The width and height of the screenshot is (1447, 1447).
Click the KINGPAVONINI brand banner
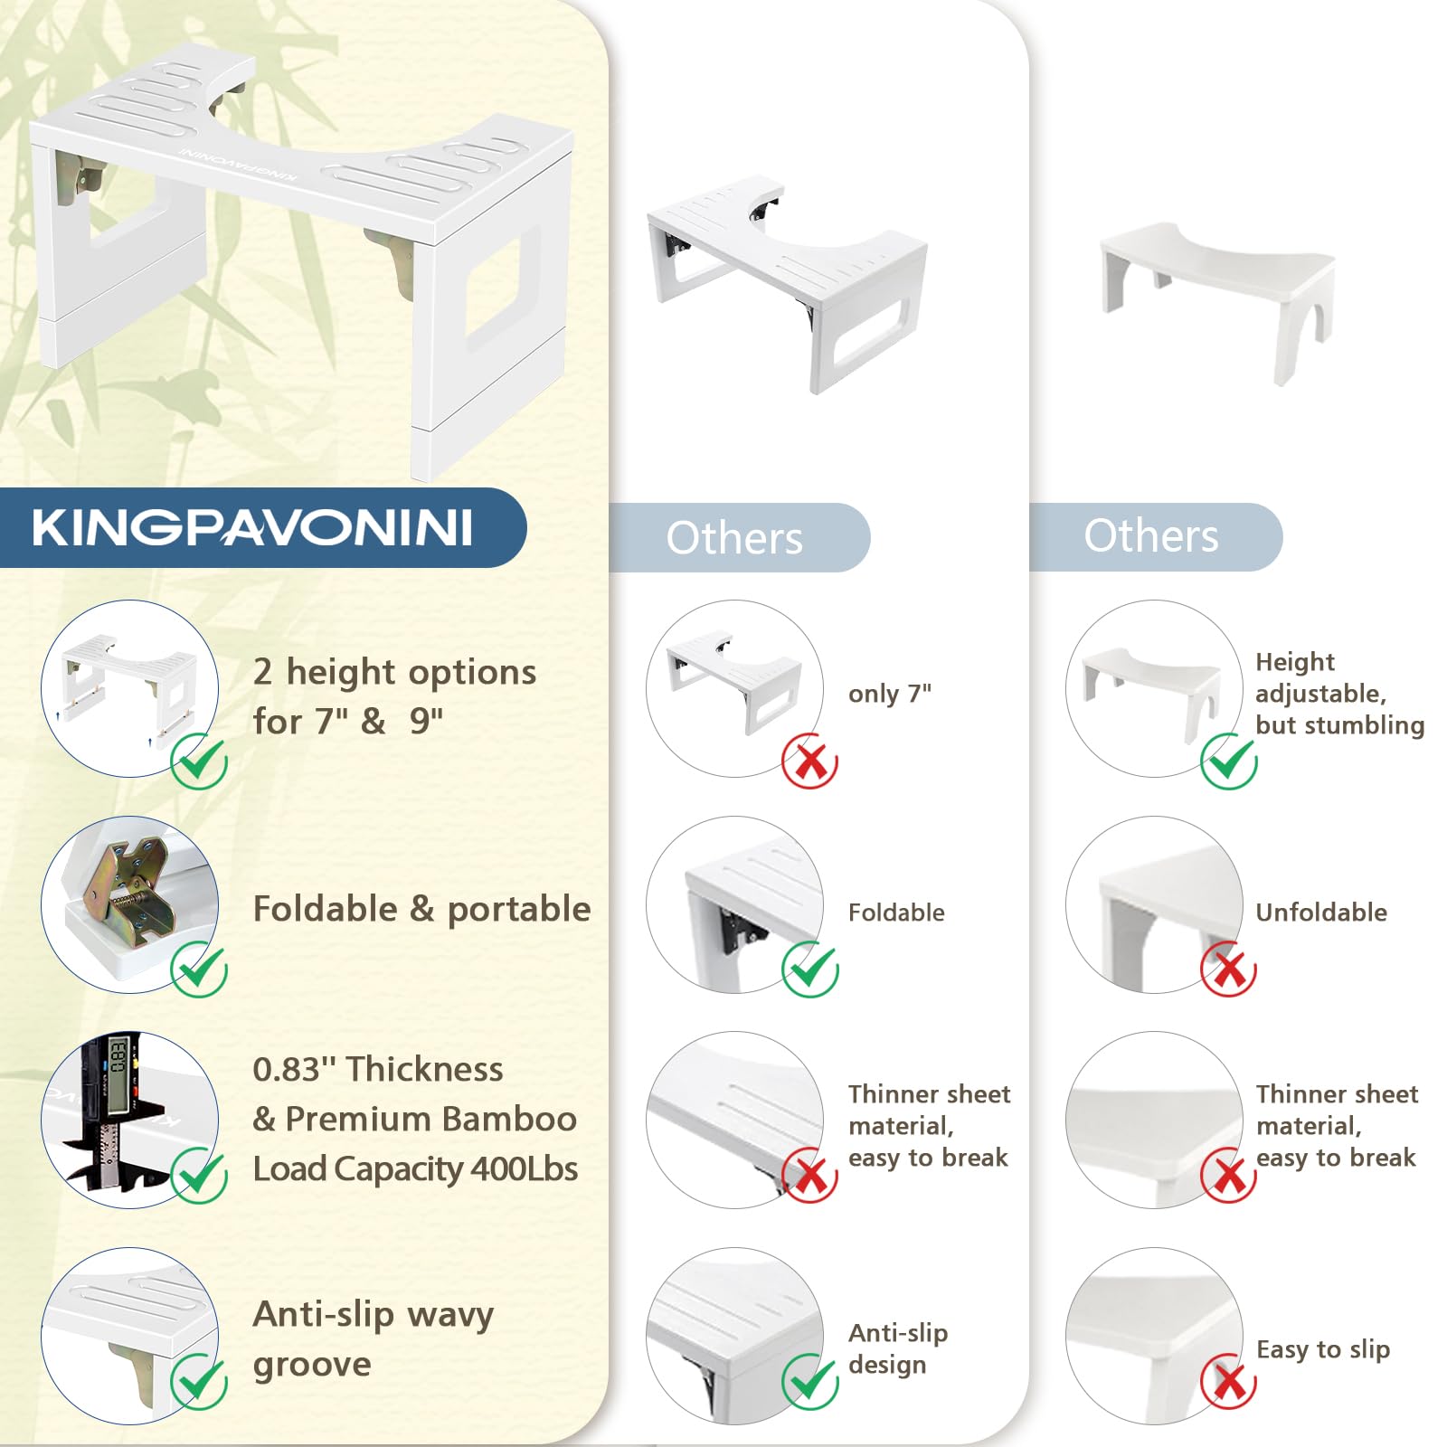point(262,527)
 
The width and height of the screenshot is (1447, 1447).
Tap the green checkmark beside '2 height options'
point(199,761)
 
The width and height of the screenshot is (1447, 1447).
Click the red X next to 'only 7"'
point(810,761)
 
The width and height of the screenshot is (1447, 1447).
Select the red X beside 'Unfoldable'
point(1228,969)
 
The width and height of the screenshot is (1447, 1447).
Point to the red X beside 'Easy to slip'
point(1228,1382)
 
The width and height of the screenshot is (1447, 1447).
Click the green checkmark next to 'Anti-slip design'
point(810,1382)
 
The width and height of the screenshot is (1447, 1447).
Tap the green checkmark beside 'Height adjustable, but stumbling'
point(1228,761)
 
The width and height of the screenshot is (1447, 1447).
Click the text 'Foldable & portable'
point(421,909)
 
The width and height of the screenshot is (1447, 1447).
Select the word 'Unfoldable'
point(1321,912)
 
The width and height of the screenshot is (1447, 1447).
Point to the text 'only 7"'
point(890,694)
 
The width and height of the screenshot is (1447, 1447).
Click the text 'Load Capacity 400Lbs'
point(415,1168)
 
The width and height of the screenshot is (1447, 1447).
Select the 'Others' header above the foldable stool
point(734,538)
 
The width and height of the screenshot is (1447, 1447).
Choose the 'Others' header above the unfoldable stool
point(1151,535)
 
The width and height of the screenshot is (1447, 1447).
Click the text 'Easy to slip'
point(1323,1349)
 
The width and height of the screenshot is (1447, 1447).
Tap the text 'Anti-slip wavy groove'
point(374,1338)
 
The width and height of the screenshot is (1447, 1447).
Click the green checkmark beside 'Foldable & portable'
point(199,969)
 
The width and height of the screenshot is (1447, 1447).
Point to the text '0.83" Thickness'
point(378,1069)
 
